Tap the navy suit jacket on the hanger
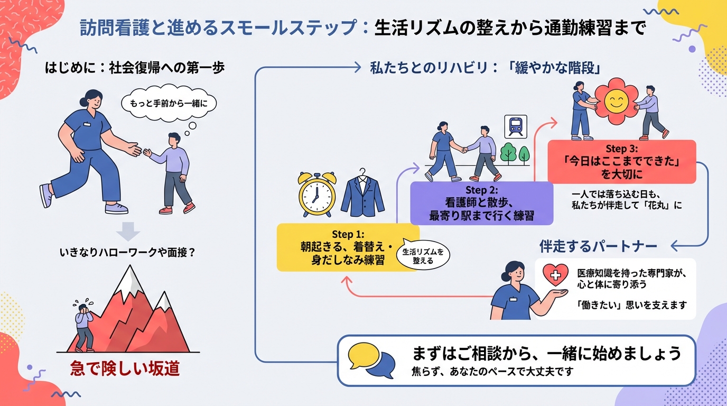tap(363, 195)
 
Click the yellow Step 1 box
tap(348, 247)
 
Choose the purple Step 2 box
tap(481, 203)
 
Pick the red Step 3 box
tap(621, 161)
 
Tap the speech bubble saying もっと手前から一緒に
tap(169, 104)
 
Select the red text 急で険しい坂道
tap(125, 368)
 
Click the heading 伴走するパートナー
tap(598, 246)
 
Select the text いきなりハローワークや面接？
tap(128, 253)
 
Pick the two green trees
tap(515, 153)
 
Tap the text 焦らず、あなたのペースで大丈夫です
tap(492, 371)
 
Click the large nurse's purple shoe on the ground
tap(116, 208)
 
